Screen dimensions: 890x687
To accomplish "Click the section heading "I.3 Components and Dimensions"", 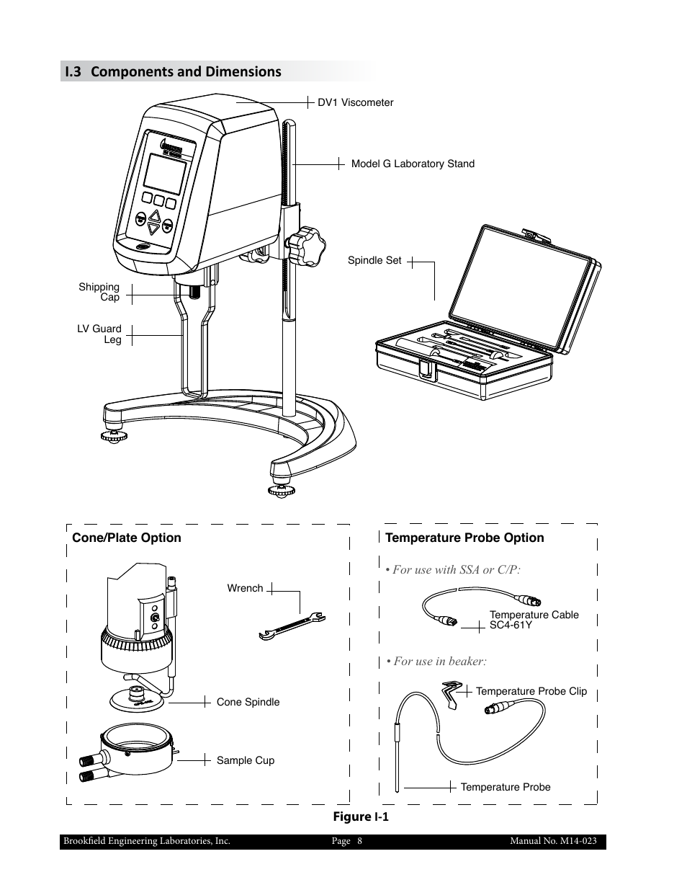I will pyautogui.click(x=173, y=71).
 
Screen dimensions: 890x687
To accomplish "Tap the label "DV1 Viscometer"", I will pyautogui.click(x=356, y=102).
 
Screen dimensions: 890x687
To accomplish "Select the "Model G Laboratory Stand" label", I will pyautogui.click(x=413, y=164).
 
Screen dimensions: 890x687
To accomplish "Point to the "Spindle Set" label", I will pyautogui.click(x=374, y=260).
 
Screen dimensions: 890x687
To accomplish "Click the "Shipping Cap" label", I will pyautogui.click(x=99, y=292).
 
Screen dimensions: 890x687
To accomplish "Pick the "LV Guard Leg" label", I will pyautogui.click(x=99, y=334).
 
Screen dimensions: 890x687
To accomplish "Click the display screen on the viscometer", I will pyautogui.click(x=165, y=173).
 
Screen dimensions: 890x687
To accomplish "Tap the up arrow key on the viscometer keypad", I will pyautogui.click(x=153, y=215).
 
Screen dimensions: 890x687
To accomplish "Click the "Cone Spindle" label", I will pyautogui.click(x=248, y=702).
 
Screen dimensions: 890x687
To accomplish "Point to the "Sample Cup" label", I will pyautogui.click(x=245, y=760).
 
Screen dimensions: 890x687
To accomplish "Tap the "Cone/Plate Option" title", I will pyautogui.click(x=127, y=538).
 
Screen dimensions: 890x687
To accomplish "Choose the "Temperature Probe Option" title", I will pyautogui.click(x=464, y=538).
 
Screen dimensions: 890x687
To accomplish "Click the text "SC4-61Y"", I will pyautogui.click(x=511, y=625).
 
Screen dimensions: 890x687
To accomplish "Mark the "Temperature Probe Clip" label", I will pyautogui.click(x=531, y=691).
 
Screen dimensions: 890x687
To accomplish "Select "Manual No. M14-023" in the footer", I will pyautogui.click(x=553, y=841).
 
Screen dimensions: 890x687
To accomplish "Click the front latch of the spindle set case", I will pyautogui.click(x=426, y=369).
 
